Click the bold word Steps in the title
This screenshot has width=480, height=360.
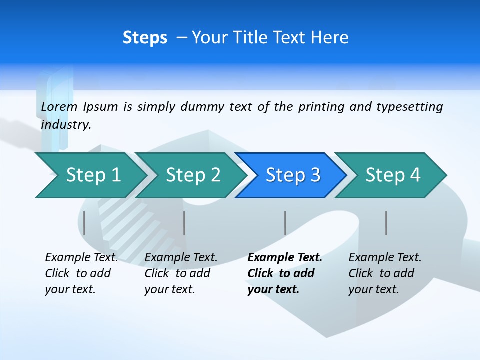coord(145,37)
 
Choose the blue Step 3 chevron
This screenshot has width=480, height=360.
coord(293,175)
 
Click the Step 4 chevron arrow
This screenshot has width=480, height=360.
coord(393,175)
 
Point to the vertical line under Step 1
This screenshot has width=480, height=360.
coord(84,223)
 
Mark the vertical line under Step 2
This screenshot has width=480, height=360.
coord(184,223)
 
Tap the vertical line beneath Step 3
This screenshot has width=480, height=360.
coord(285,223)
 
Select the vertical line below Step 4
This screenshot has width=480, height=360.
coord(386,223)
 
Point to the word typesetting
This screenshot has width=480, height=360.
coord(409,106)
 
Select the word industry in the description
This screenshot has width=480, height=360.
coord(66,124)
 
